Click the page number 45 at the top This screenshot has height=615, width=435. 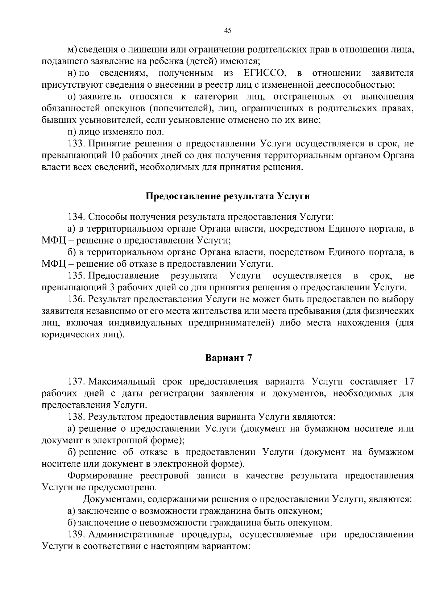tap(228, 30)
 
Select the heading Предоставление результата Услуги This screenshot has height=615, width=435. tap(228, 196)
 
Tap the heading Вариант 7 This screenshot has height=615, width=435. tap(228, 358)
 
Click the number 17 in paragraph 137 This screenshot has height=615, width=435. tap(408, 382)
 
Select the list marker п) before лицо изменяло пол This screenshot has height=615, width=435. tap(72, 132)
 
